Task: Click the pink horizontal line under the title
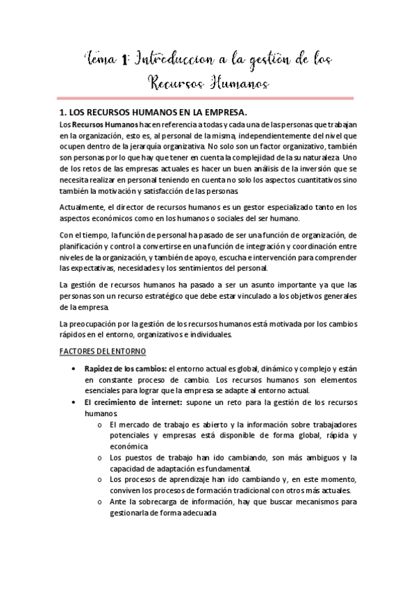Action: pos(208,98)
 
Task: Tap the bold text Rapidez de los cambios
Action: pos(125,368)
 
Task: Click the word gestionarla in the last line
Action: pos(132,513)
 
